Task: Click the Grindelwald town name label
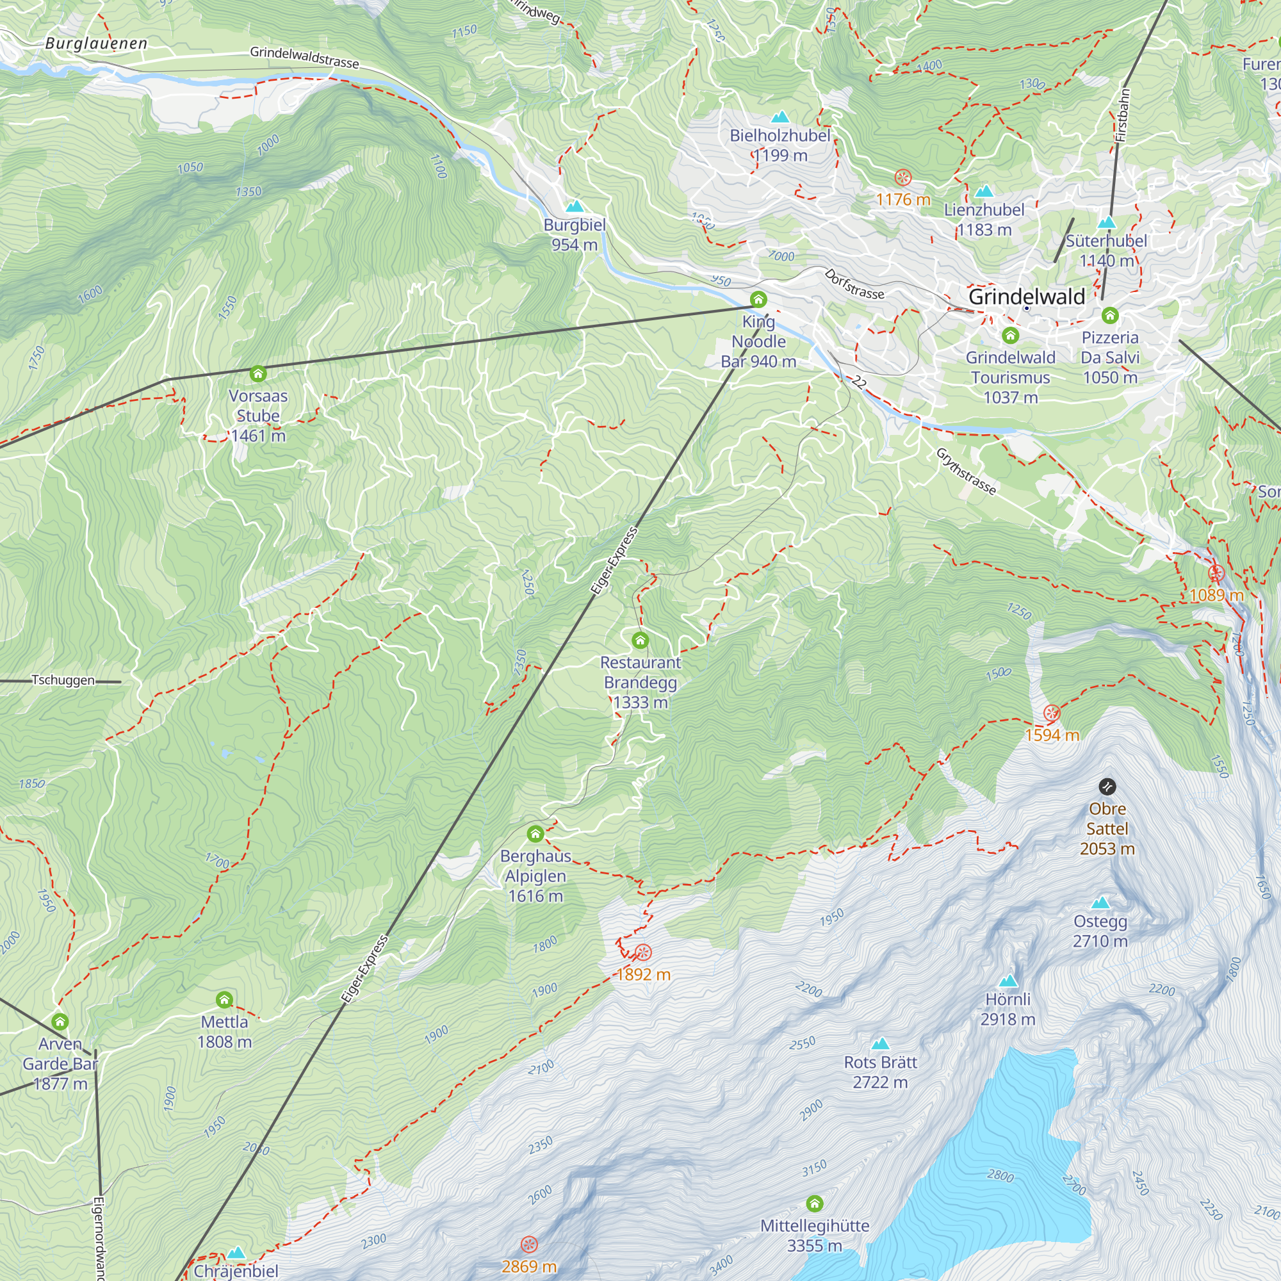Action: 1026,297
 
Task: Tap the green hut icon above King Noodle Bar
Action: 758,300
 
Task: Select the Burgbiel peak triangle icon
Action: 575,206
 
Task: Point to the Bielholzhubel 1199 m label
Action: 779,145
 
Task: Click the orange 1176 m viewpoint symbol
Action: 903,177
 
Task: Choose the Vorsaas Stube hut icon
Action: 258,374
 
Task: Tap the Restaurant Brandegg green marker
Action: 640,640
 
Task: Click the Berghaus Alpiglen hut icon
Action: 535,833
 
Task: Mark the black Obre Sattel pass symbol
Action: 1107,787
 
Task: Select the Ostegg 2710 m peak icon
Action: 1100,903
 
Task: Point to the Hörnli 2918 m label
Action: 1008,1009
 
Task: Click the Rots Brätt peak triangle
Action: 880,1043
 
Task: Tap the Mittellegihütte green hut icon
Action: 815,1203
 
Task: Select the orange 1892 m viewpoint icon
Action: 643,953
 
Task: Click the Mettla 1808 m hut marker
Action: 225,999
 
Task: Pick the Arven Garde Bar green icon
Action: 60,1021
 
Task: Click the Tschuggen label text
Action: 63,680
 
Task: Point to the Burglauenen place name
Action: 96,44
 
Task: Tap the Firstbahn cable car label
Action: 1122,115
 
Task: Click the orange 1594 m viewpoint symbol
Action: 1052,714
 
